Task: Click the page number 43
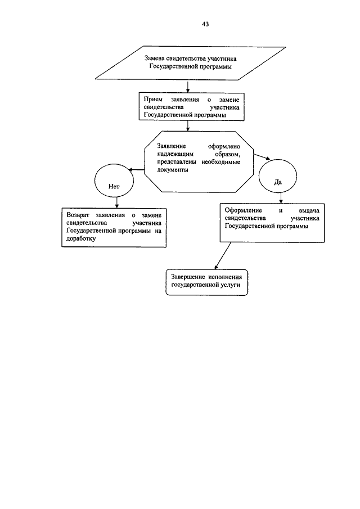(x=205, y=24)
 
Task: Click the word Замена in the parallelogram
(x=155, y=58)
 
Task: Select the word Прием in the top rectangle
(x=153, y=100)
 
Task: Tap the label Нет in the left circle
(x=114, y=187)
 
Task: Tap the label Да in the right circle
(x=277, y=182)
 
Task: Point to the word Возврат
(x=78, y=215)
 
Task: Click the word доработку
(x=81, y=238)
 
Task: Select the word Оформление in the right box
(x=243, y=211)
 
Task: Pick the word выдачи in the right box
(x=309, y=211)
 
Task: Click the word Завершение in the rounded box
(x=188, y=277)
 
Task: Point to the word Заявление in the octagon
(x=172, y=147)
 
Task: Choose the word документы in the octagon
(x=172, y=170)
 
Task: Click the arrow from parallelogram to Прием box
(x=188, y=86)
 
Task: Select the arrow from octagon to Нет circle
(x=136, y=169)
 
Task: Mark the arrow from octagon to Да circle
(x=262, y=157)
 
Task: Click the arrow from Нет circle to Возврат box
(x=117, y=202)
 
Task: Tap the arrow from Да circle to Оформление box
(x=281, y=197)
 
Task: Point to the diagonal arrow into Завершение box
(x=223, y=256)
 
